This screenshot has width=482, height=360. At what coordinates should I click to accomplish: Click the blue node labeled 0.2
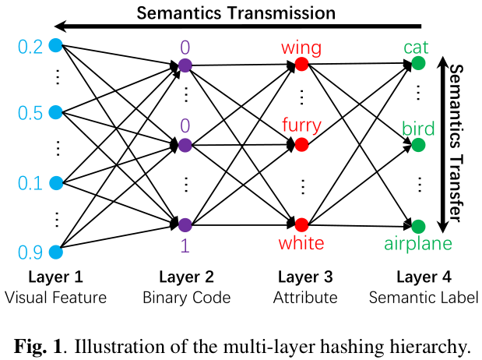(x=55, y=45)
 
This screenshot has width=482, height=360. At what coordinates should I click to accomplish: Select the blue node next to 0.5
(x=55, y=112)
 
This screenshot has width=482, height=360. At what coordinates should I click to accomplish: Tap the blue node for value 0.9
(x=55, y=252)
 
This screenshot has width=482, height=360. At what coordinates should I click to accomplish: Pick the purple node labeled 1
(x=185, y=224)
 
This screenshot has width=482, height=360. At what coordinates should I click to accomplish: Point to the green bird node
(x=418, y=144)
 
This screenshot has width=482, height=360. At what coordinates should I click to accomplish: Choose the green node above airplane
(x=418, y=226)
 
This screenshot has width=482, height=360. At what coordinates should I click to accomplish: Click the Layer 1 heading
(x=55, y=277)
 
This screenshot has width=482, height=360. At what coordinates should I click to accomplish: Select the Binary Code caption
(x=186, y=297)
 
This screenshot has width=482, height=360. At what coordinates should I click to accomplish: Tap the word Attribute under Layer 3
(x=305, y=297)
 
